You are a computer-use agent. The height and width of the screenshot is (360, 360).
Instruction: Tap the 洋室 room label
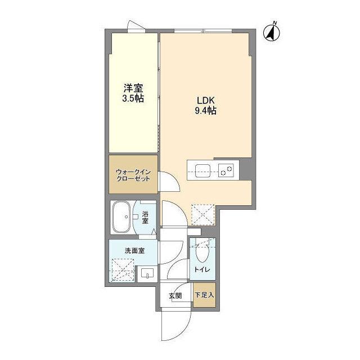tap(133, 88)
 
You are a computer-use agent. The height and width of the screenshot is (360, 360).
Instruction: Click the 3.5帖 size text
tap(133, 98)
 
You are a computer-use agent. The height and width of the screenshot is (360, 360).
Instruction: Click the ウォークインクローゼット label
tap(133, 175)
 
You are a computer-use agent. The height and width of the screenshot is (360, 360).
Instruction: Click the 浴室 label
tap(145, 217)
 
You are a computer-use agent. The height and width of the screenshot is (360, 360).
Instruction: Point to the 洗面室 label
tap(134, 250)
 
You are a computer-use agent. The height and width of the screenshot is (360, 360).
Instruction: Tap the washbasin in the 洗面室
tap(147, 274)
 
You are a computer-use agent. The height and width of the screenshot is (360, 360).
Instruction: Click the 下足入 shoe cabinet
tap(204, 296)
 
